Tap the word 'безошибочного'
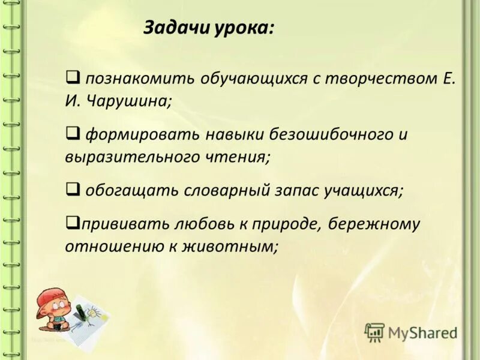pyautogui.click(x=316, y=134)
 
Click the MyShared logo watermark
pyautogui.click(x=412, y=332)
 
